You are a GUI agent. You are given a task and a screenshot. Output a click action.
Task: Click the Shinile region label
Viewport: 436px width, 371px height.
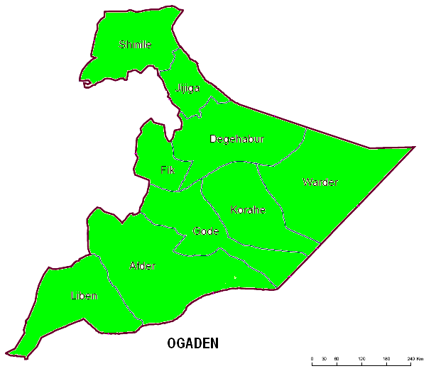click(135, 45)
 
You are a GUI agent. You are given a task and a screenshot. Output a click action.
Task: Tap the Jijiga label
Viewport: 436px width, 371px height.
click(187, 88)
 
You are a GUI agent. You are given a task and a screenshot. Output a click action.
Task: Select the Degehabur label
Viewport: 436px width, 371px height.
click(236, 139)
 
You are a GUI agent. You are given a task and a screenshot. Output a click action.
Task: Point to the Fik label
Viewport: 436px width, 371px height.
click(168, 170)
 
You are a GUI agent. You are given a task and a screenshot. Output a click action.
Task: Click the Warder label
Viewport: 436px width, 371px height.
click(320, 182)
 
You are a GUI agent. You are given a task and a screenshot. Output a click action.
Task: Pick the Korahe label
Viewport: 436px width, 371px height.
click(248, 210)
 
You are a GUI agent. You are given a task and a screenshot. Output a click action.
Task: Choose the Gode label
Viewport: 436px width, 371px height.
click(206, 231)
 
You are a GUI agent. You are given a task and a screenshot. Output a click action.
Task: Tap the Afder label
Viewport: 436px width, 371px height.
click(142, 266)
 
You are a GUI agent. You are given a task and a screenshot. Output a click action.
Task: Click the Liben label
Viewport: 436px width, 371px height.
click(84, 295)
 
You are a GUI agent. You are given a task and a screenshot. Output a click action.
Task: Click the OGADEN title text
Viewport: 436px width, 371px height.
click(192, 344)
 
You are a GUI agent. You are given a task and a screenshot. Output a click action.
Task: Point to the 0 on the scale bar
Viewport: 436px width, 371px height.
click(312, 360)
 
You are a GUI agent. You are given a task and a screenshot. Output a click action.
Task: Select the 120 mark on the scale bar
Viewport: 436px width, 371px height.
click(361, 360)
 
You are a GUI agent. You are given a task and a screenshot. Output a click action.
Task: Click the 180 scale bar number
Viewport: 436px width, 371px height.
click(386, 360)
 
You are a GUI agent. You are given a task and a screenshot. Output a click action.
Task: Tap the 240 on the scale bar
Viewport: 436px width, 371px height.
click(409, 360)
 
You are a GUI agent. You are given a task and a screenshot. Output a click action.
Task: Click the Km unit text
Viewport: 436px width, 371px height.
click(420, 360)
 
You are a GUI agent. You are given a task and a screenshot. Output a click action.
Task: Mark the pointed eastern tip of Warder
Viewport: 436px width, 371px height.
click(414, 148)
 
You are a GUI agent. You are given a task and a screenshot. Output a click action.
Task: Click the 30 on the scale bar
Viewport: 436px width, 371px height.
click(325, 360)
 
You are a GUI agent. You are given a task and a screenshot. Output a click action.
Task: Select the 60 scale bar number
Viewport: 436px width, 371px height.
click(337, 360)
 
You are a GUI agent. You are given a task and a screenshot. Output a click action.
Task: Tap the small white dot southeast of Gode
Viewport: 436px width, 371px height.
click(234, 277)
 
